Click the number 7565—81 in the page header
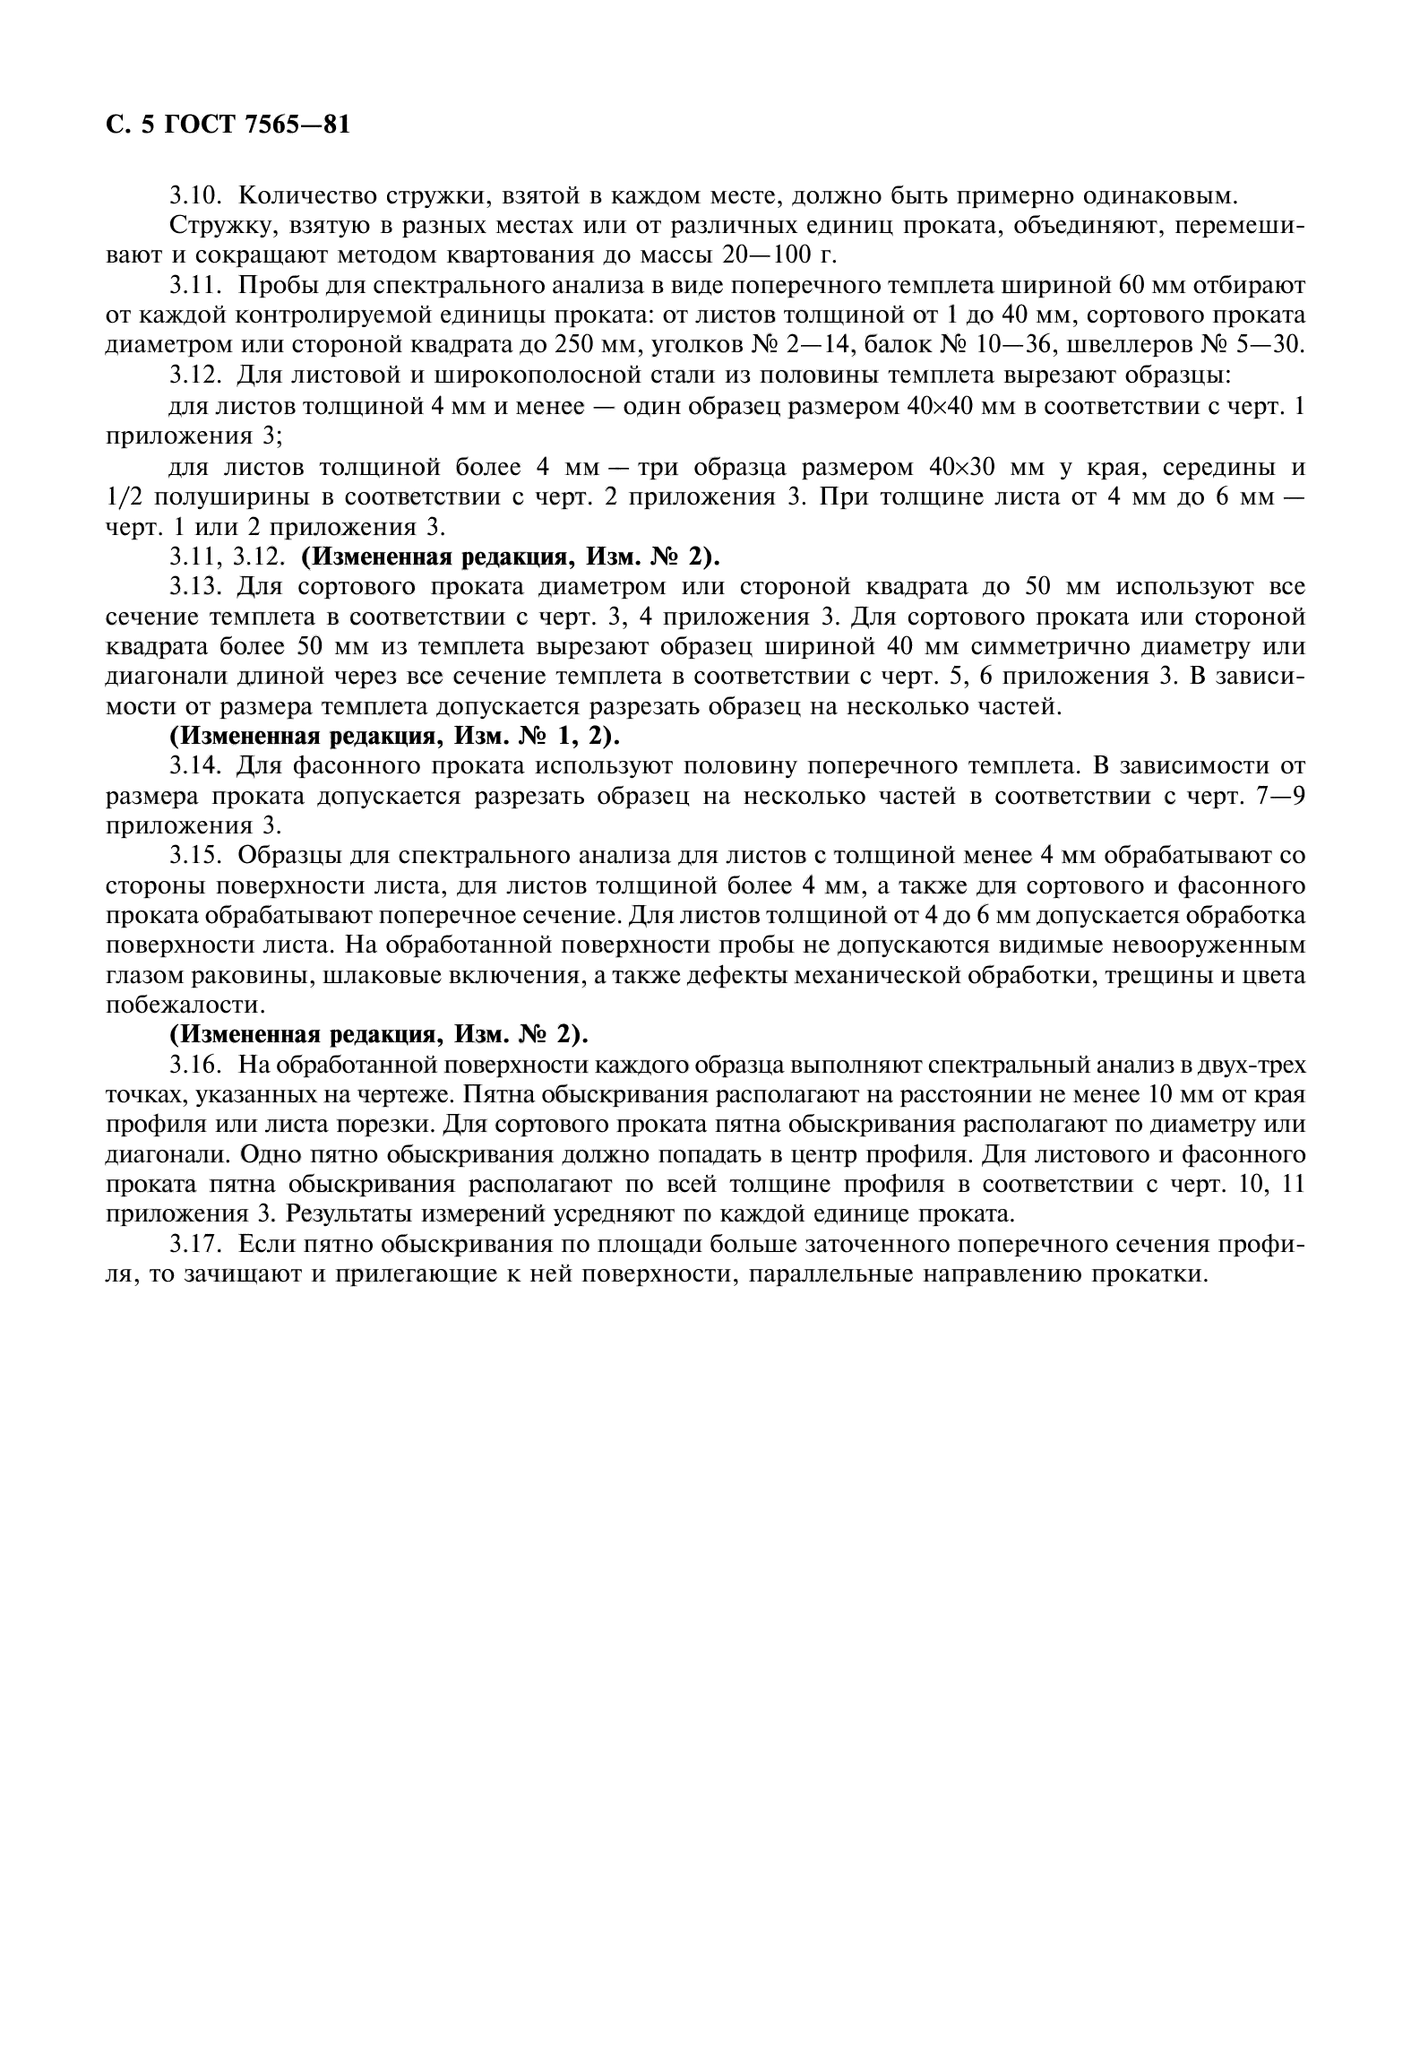(296, 125)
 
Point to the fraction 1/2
(122, 497)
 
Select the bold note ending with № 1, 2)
(394, 737)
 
